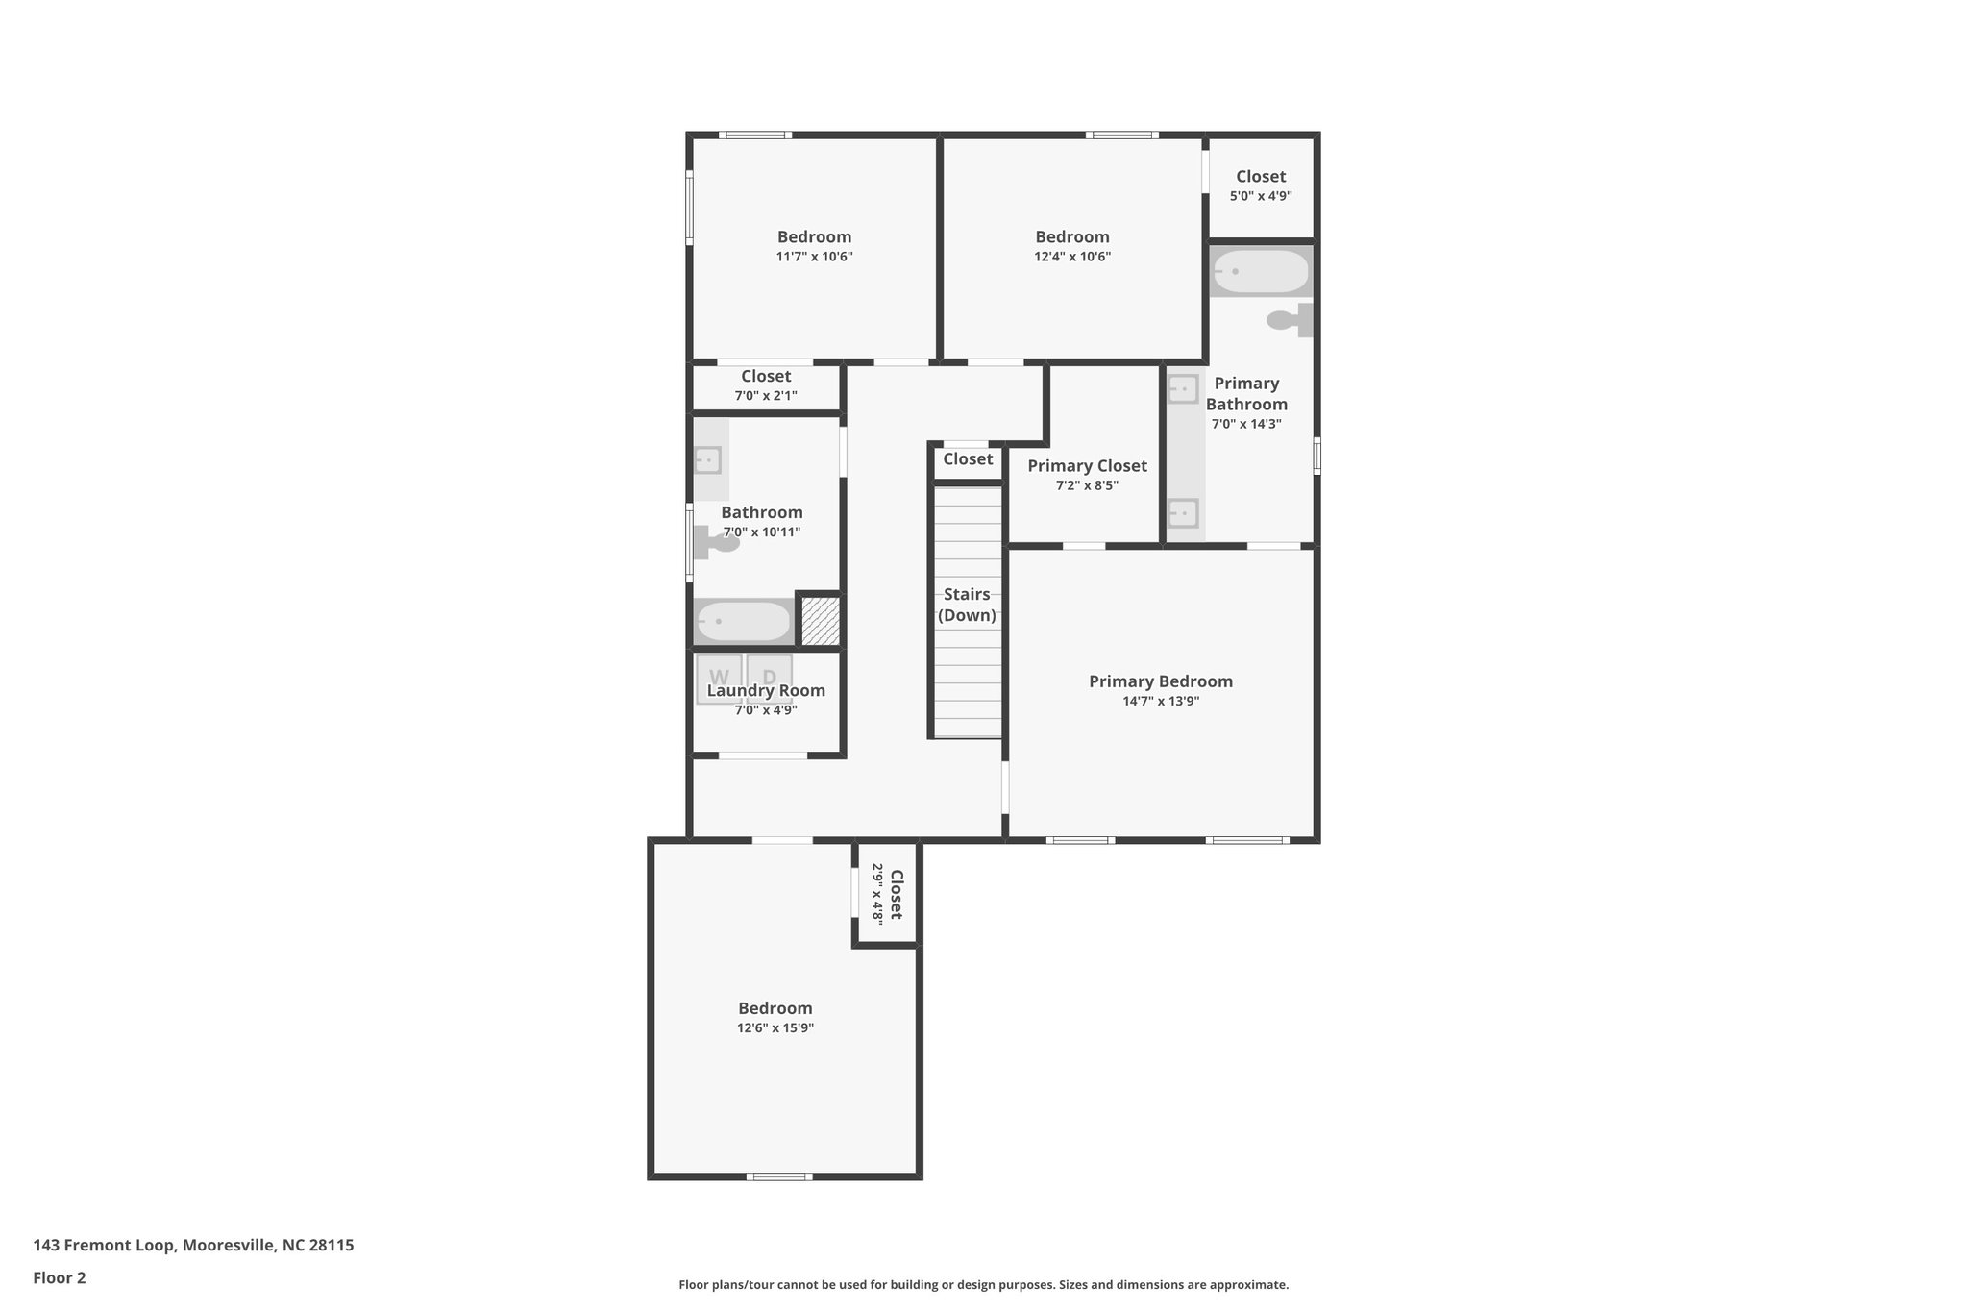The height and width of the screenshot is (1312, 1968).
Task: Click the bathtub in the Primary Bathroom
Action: [x=1261, y=272]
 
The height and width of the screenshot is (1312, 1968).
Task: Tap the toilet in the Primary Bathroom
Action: [x=1288, y=320]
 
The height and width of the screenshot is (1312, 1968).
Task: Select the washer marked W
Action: [x=719, y=677]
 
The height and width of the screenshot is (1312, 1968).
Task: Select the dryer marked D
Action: [x=769, y=677]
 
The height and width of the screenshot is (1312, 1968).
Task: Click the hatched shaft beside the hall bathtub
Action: [x=821, y=621]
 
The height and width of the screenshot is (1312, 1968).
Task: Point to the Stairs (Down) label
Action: [x=967, y=605]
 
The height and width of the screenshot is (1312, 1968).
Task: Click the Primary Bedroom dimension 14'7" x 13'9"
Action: [x=1161, y=702]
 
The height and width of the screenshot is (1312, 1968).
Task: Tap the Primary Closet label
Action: [x=1087, y=466]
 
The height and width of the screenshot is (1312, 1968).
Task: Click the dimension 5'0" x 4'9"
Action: [x=1261, y=196]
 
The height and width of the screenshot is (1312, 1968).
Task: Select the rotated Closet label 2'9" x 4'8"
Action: [x=887, y=894]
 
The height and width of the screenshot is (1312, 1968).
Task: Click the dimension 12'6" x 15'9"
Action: [x=775, y=1028]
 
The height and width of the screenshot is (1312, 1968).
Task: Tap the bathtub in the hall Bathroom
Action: [x=743, y=622]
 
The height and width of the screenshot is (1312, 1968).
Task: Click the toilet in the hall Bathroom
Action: [x=716, y=544]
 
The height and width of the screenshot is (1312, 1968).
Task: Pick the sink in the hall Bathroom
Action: [x=708, y=460]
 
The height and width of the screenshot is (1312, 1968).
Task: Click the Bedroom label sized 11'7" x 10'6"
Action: [x=814, y=237]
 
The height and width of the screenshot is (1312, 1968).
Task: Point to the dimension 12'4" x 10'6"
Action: [x=1072, y=257]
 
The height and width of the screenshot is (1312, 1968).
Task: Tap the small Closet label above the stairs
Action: [x=968, y=459]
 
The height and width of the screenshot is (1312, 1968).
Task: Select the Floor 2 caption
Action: [x=60, y=1278]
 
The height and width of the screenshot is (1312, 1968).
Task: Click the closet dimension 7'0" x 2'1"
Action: [x=766, y=396]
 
